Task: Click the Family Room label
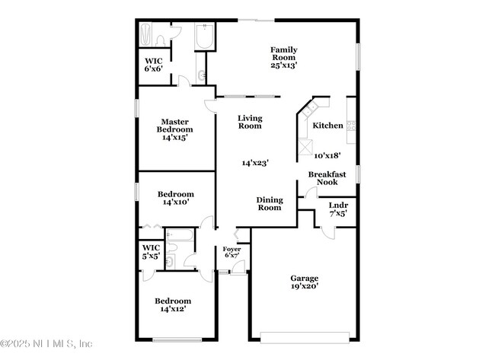283,53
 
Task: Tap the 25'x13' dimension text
283,65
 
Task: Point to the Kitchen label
327,126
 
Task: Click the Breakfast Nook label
327,178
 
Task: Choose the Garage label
305,278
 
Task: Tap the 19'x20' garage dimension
305,287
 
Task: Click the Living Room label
250,122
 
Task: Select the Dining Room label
270,203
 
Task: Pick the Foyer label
232,249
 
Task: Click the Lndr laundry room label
338,205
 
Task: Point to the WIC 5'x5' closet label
151,251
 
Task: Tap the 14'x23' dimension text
255,163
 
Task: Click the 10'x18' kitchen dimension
327,155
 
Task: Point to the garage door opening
305,335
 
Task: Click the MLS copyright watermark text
47,343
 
